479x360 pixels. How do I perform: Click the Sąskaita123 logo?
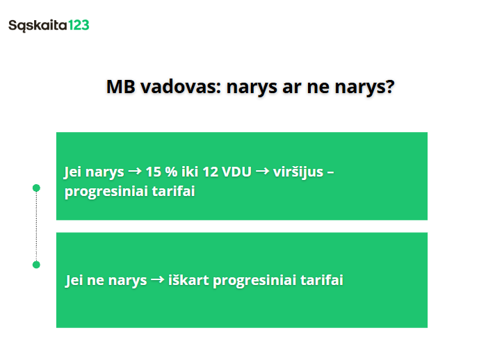point(49,26)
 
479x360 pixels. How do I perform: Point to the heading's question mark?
point(390,87)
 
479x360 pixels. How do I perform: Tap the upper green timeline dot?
point(36,188)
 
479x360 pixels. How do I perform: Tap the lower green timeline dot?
point(36,265)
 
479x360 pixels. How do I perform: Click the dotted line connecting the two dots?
point(36,226)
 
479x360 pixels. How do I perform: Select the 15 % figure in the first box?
point(161,172)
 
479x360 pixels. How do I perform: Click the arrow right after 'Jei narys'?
point(135,172)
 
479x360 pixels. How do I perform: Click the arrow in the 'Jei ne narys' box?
point(157,281)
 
